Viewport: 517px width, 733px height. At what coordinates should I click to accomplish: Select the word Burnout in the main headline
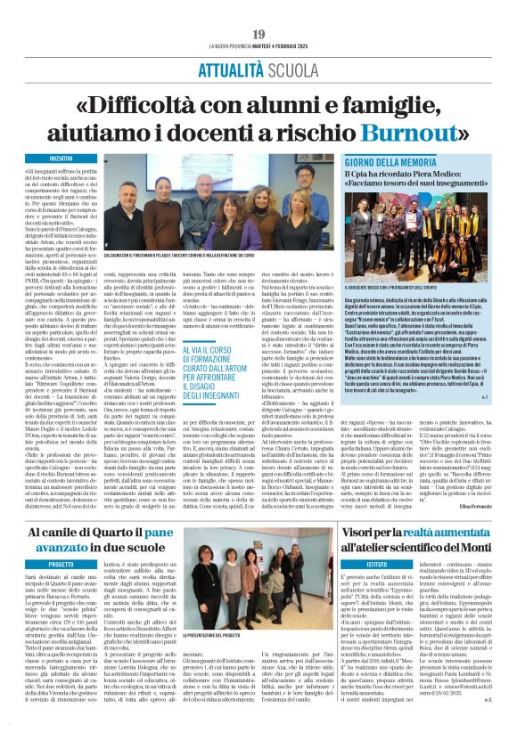[389, 115]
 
